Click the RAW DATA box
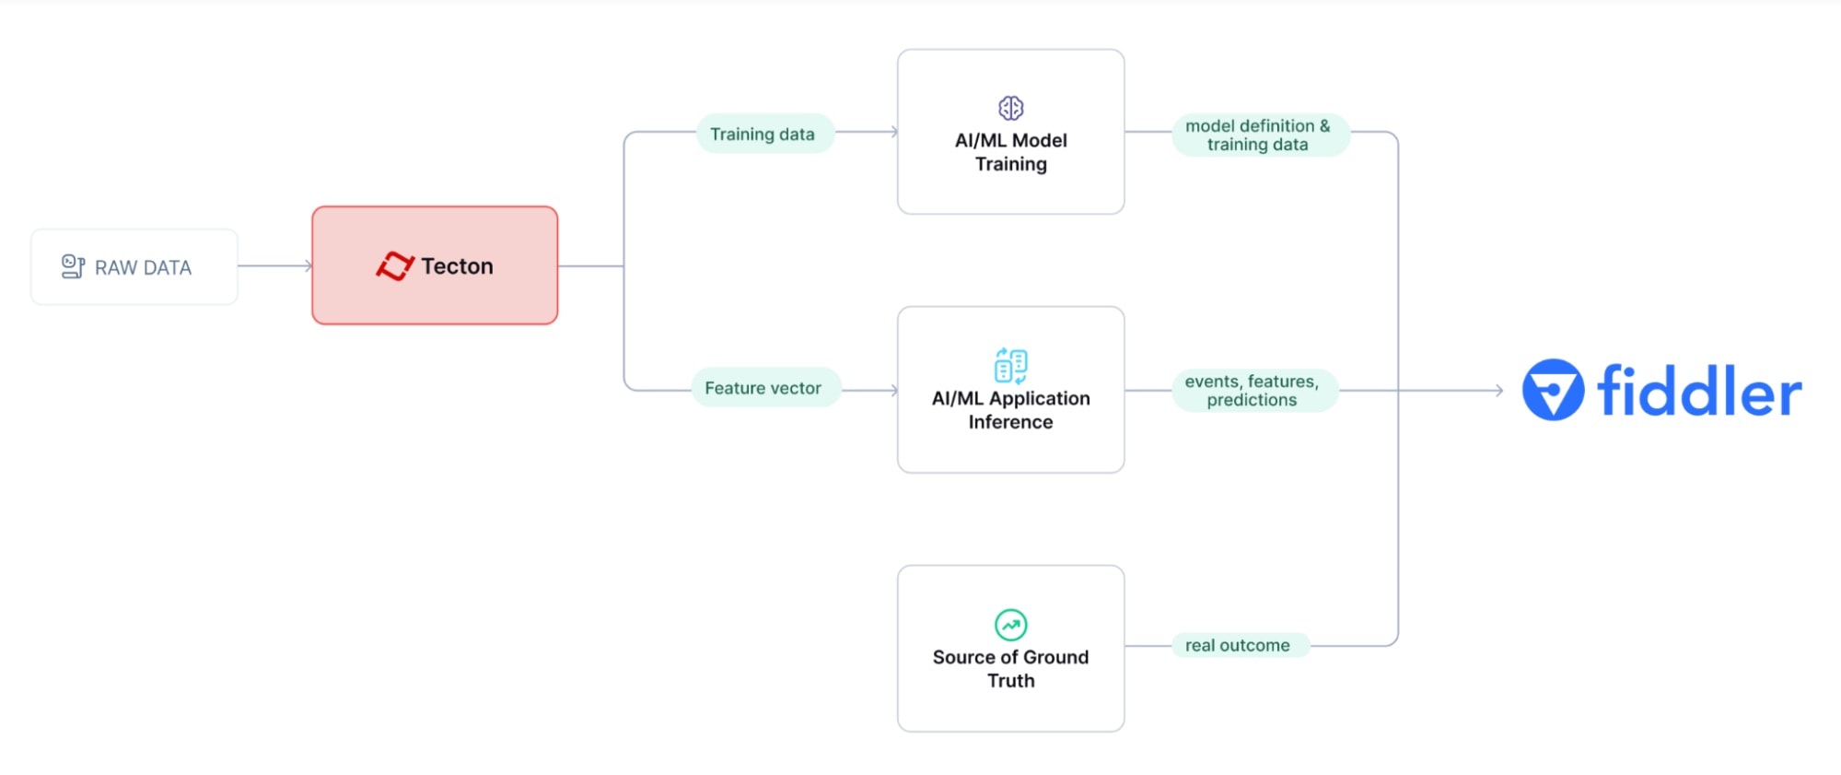click(x=134, y=267)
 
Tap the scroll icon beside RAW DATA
click(x=73, y=266)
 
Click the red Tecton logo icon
click(x=395, y=266)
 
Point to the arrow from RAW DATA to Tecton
click(x=275, y=266)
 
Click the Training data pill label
click(x=763, y=134)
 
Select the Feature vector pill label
click(x=763, y=388)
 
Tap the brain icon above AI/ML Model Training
click(x=1010, y=108)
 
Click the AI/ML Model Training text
click(x=1010, y=152)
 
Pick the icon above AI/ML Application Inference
click(x=1010, y=366)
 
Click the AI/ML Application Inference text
click(x=1010, y=410)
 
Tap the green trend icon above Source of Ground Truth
click(x=1010, y=625)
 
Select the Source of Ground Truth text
click(x=1010, y=669)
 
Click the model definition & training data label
click(x=1258, y=135)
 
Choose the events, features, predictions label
click(x=1252, y=390)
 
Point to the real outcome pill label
click(x=1238, y=645)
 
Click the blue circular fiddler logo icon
click(x=1553, y=390)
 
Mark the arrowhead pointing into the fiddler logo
click(x=1499, y=391)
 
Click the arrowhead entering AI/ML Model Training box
click(x=893, y=132)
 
